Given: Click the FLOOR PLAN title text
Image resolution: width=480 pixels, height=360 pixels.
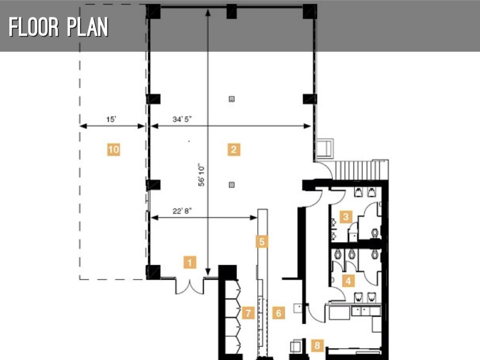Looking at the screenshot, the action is point(59,27).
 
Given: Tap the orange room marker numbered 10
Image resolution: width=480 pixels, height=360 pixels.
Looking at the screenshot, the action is point(113,150).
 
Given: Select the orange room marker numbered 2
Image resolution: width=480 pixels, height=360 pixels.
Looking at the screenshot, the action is point(233,150).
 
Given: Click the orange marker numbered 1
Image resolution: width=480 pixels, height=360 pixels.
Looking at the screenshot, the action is point(190,262).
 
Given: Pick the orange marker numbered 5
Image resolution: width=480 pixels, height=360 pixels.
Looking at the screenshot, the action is point(262,241).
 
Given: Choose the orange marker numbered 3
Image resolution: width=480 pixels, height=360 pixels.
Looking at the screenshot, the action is point(345,217).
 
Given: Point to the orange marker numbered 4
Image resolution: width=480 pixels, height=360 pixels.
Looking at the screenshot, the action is point(348,280).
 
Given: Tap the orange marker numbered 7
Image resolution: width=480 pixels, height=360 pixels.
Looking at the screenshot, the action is point(248,313).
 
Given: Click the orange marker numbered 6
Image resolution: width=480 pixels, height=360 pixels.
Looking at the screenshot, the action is point(278,313).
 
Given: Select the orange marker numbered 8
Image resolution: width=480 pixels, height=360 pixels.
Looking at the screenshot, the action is point(317,345).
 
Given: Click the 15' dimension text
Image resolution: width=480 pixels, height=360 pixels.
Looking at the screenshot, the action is point(111,119).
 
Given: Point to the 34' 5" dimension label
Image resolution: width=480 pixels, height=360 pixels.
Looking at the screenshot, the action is point(182,119).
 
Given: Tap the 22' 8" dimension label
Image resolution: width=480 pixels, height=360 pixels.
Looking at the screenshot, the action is point(182,211).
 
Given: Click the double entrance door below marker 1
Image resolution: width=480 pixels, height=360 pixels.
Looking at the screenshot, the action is point(190,286).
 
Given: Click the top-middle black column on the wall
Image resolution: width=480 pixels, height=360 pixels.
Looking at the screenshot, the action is point(232,11).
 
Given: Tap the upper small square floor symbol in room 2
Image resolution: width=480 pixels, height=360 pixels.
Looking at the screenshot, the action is point(232,99).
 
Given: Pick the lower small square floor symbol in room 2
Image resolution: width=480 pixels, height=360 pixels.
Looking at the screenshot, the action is point(232,185).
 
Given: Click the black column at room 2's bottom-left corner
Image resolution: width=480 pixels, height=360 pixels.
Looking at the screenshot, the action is point(153,272).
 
